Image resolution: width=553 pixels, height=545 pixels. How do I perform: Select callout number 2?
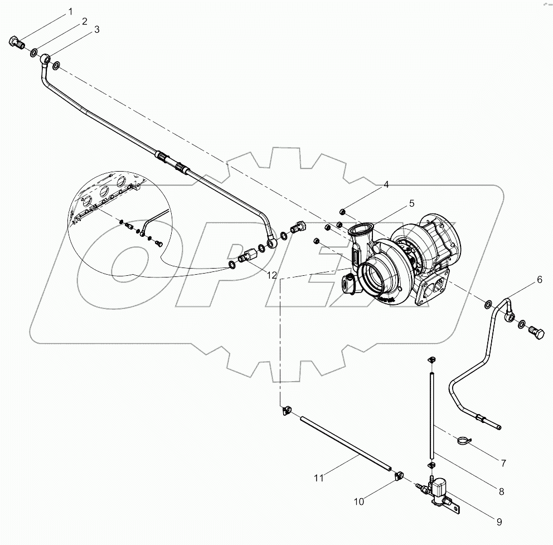click(84, 21)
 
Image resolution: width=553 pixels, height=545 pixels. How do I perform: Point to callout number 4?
click(385, 185)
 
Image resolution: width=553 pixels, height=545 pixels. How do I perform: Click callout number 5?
click(411, 203)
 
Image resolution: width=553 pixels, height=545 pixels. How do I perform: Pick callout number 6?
click(539, 280)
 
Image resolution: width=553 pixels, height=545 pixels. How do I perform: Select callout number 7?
click(503, 463)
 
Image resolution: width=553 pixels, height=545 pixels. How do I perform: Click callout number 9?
click(499, 522)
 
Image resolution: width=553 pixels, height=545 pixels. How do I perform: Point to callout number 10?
click(359, 502)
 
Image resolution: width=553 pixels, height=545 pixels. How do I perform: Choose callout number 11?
click(318, 477)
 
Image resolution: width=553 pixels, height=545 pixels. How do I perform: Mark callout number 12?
click(271, 275)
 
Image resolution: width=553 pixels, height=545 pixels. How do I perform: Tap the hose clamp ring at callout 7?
click(462, 440)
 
